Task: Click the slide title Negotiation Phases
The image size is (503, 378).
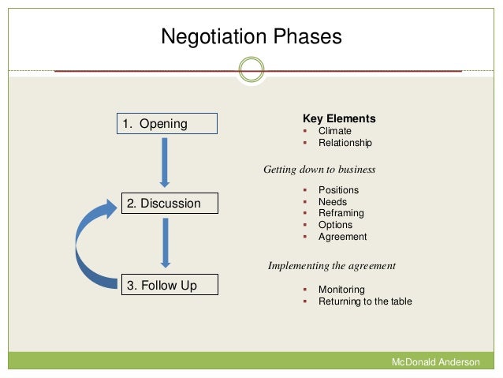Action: click(251, 37)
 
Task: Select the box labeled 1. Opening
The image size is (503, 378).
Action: click(168, 124)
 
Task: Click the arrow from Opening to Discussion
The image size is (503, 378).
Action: click(165, 162)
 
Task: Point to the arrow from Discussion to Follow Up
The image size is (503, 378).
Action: click(165, 242)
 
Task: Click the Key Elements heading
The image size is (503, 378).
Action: click(339, 119)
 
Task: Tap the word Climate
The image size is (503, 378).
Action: click(334, 131)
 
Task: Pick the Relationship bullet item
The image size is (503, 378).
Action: click(345, 143)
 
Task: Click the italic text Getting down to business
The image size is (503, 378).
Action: click(319, 170)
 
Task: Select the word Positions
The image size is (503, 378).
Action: click(338, 190)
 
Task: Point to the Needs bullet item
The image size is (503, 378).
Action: click(333, 202)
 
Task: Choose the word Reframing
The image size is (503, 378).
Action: click(341, 213)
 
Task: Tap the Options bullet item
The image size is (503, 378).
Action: click(335, 225)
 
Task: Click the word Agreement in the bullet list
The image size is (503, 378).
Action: click(342, 237)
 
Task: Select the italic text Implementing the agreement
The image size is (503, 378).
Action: click(331, 266)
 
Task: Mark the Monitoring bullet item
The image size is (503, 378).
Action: click(341, 290)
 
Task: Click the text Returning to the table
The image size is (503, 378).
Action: click(365, 301)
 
